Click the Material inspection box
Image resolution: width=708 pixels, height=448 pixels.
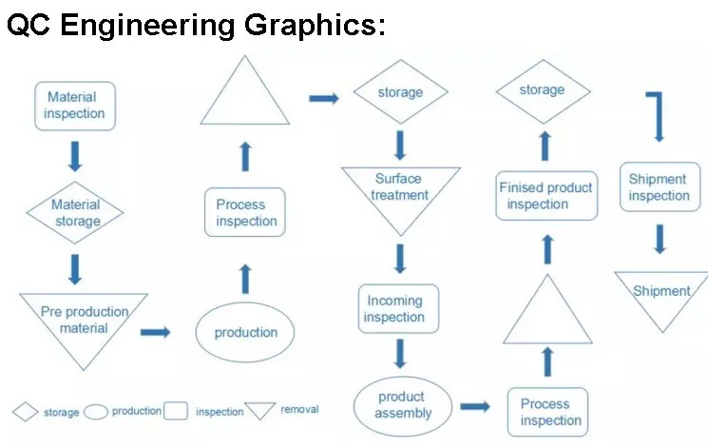(75, 106)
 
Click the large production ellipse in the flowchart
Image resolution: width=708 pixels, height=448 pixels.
(245, 332)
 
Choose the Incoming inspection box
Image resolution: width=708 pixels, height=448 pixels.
(398, 308)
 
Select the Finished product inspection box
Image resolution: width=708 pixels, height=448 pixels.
(546, 196)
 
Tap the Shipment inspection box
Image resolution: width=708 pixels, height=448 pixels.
(659, 187)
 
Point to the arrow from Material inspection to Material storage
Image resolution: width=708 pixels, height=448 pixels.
(75, 155)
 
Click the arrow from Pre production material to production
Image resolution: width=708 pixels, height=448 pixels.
(155, 332)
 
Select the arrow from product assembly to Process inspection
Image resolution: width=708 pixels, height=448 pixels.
(475, 407)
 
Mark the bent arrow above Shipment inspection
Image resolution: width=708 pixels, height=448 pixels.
(657, 115)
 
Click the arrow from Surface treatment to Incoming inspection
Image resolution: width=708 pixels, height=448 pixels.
(400, 258)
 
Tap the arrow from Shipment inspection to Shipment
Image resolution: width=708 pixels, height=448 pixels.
(659, 238)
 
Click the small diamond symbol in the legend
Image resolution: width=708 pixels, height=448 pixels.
(26, 412)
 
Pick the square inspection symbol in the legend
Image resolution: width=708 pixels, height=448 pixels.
(175, 411)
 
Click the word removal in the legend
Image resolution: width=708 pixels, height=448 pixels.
(299, 410)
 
